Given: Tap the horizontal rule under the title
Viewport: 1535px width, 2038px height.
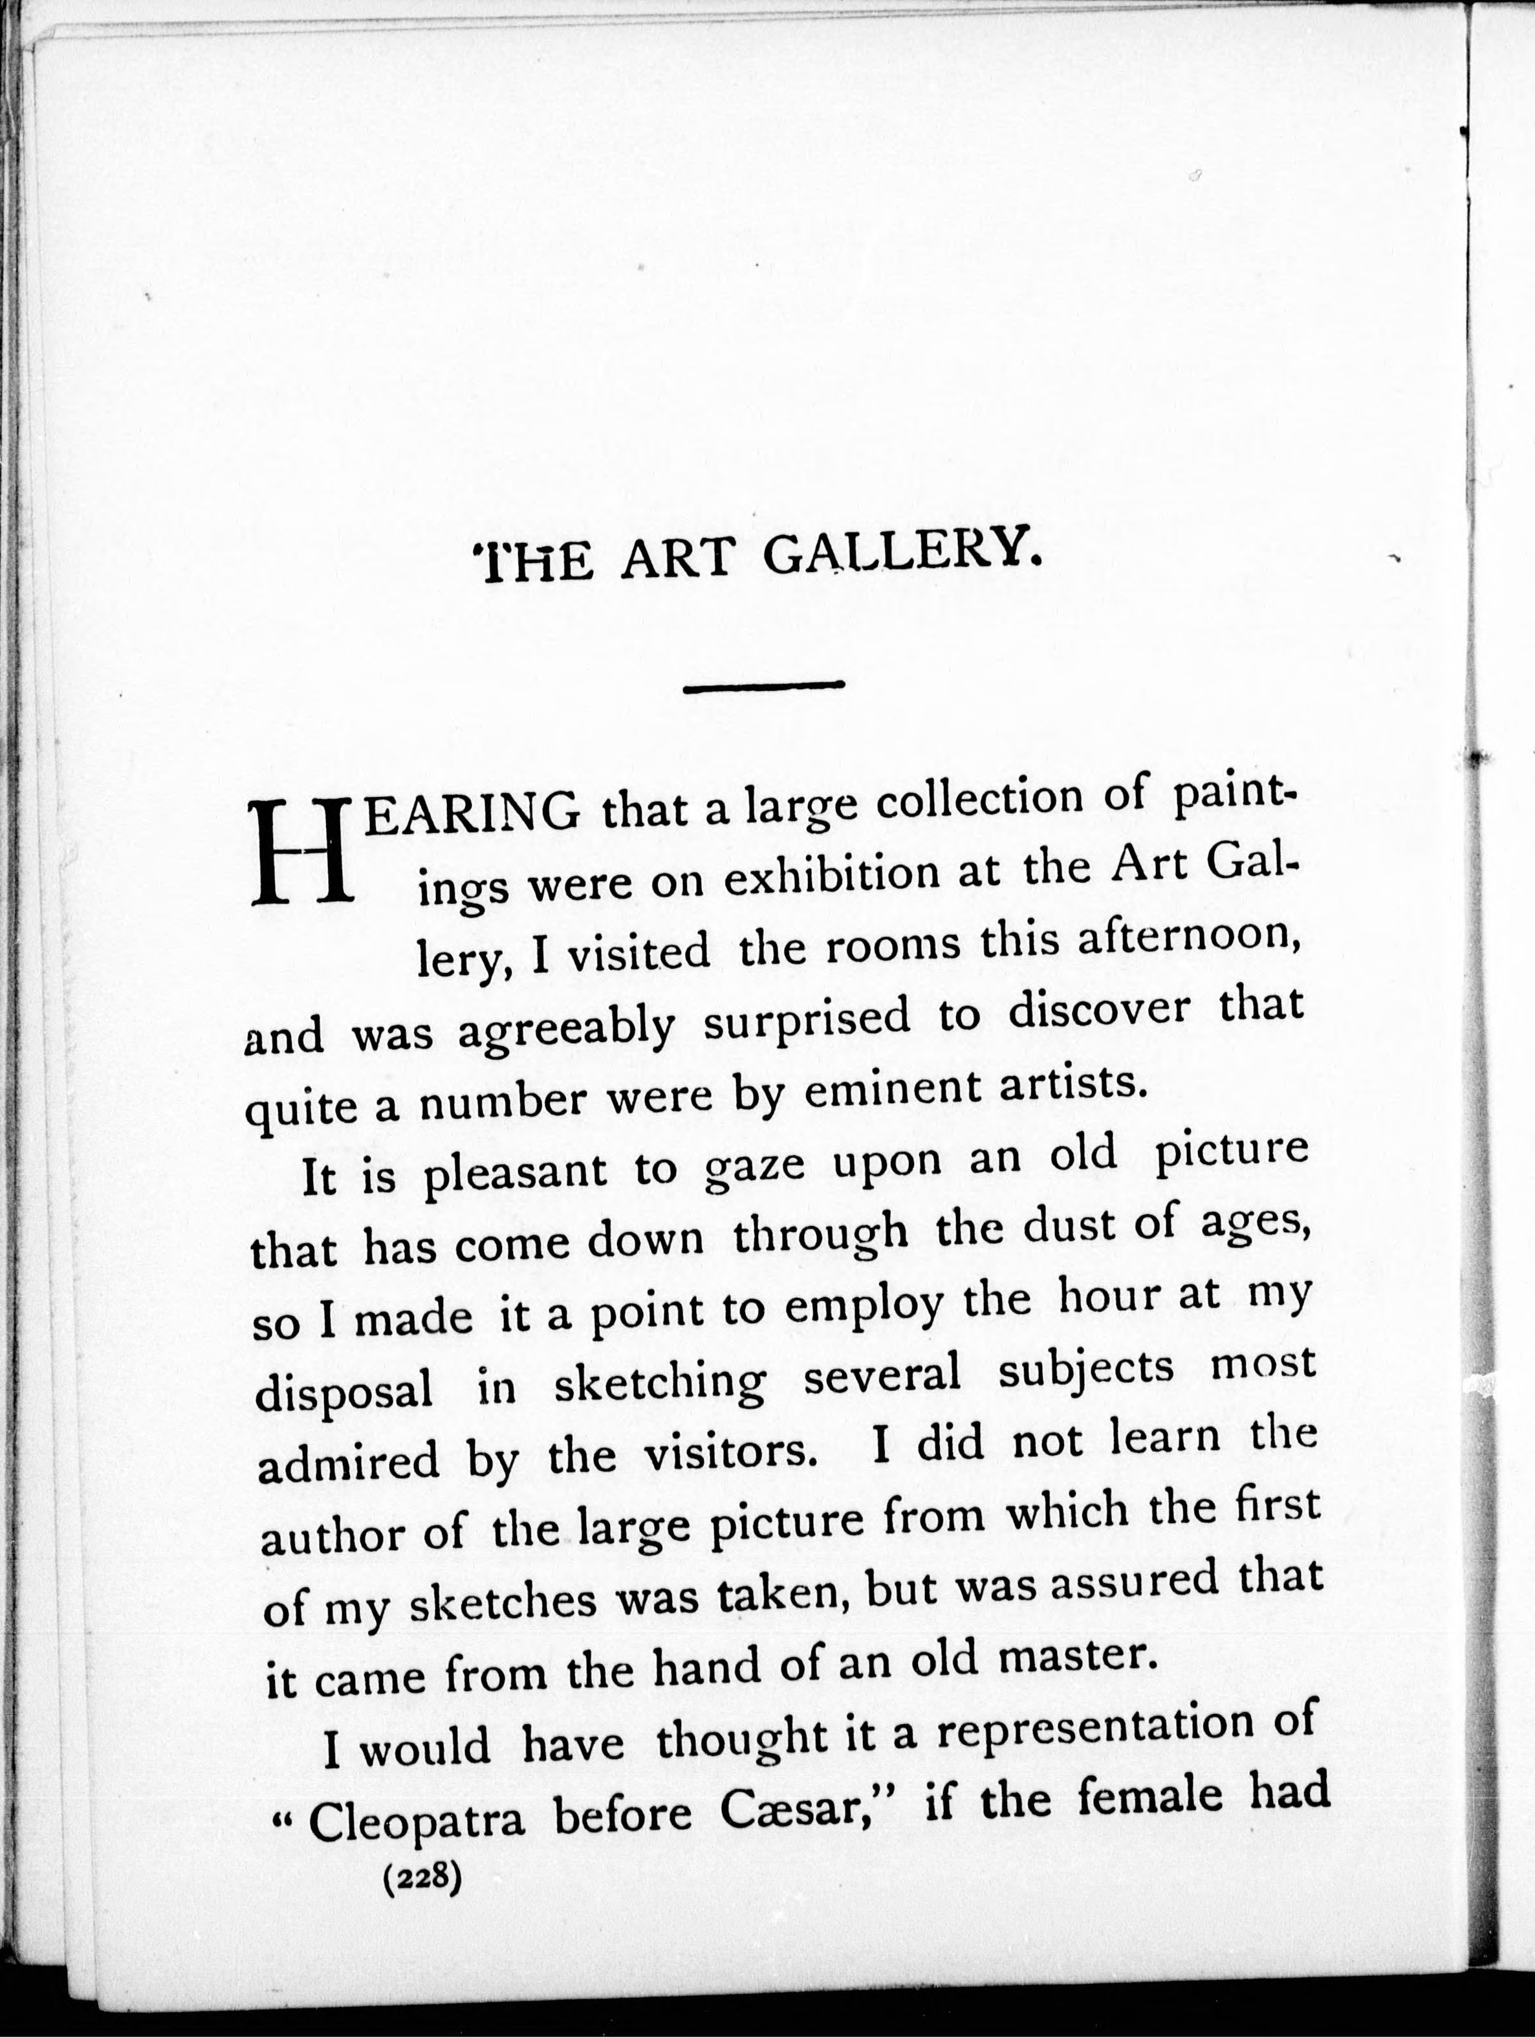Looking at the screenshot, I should (764, 685).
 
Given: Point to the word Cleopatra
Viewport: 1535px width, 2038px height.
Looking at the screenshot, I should (417, 1819).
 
